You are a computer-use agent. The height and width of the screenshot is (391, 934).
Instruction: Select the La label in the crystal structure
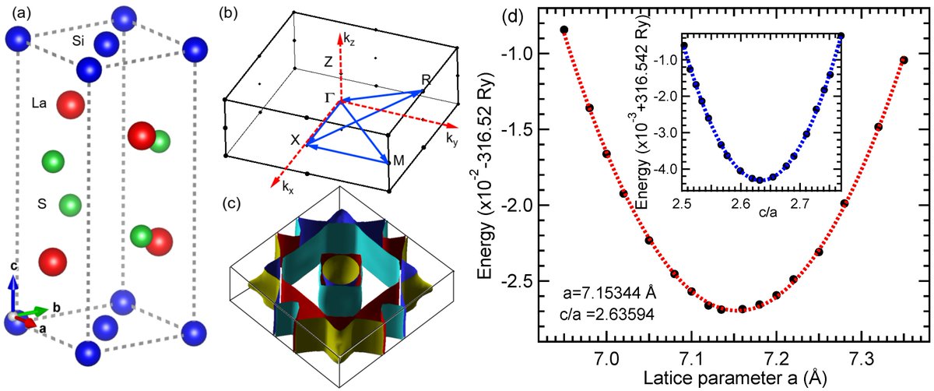tap(42, 102)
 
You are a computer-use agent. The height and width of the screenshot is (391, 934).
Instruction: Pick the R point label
tap(425, 79)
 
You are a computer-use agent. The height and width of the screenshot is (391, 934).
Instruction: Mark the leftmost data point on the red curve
tap(564, 30)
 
